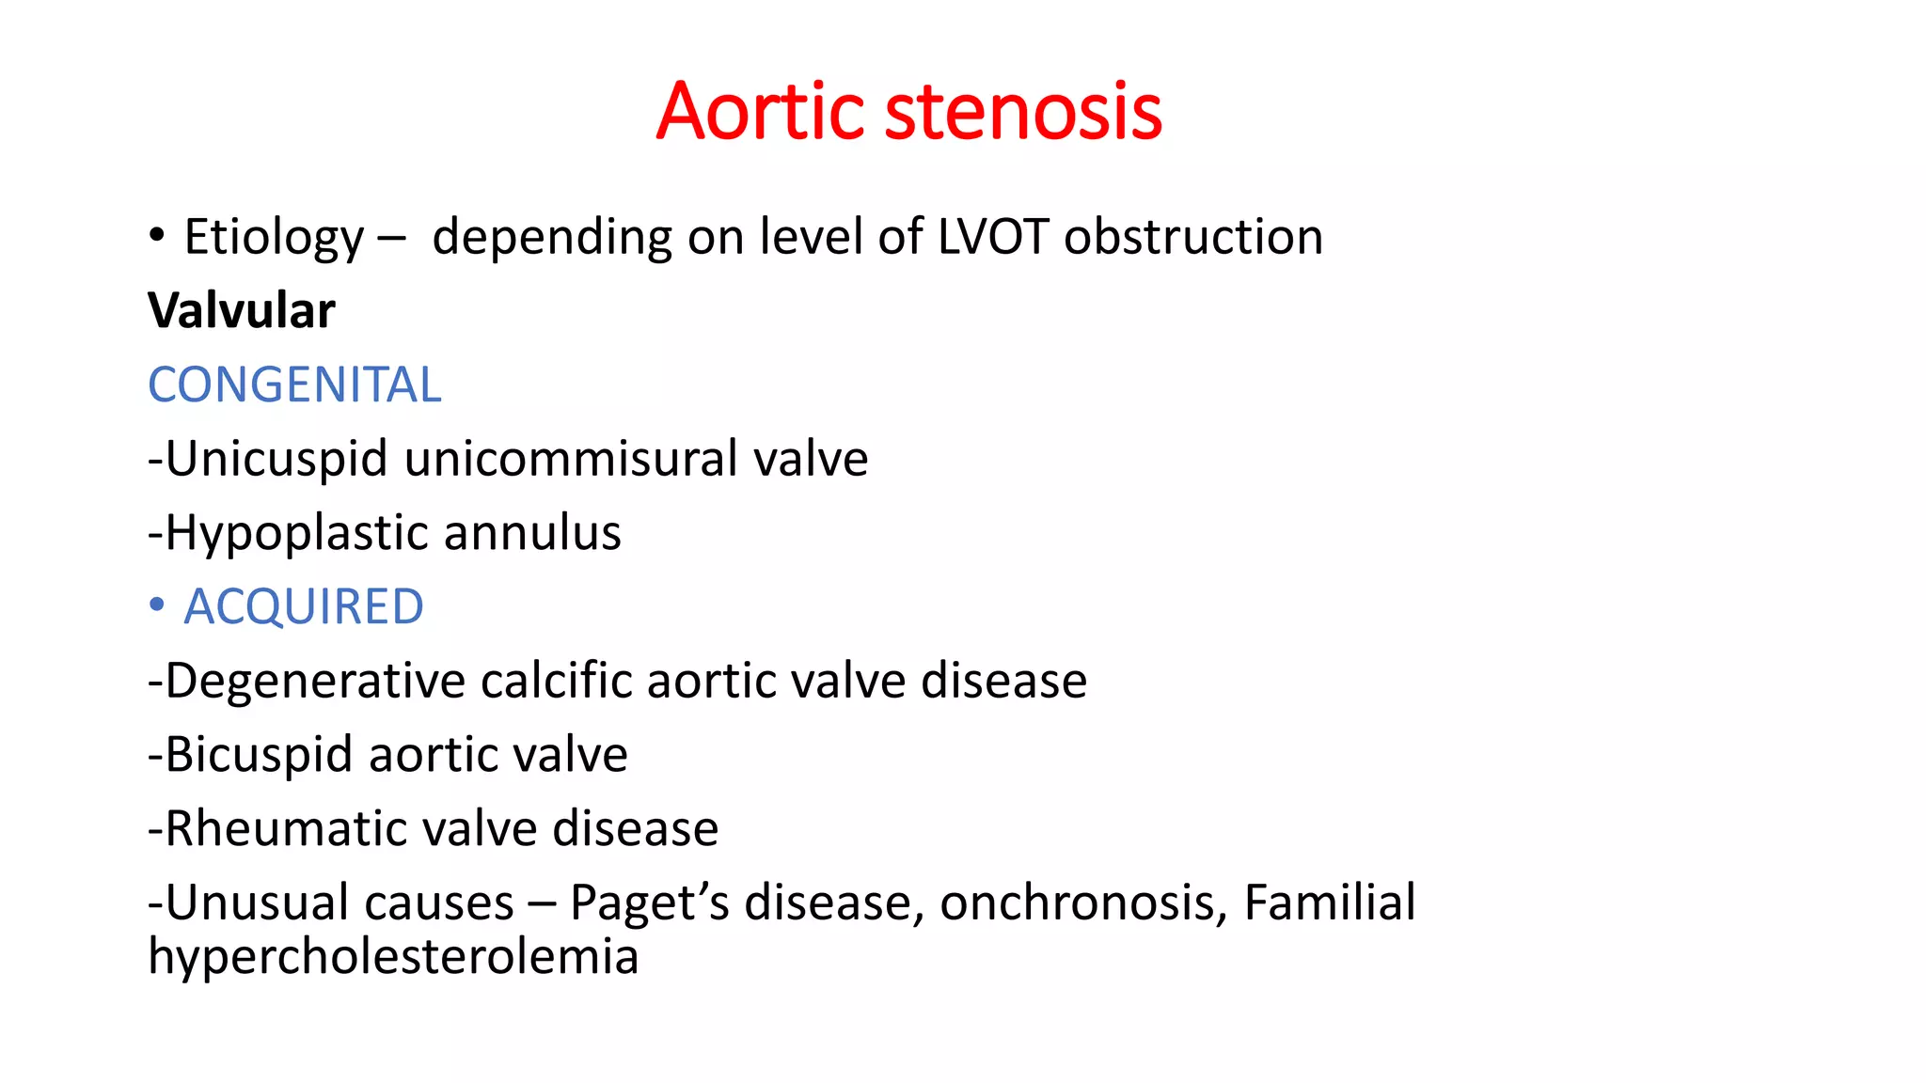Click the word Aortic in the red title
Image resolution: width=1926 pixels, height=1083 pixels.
click(x=760, y=112)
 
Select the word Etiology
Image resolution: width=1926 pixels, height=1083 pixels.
click(x=274, y=237)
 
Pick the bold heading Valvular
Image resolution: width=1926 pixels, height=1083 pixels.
click(x=242, y=310)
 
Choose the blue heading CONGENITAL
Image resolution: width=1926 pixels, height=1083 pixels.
click(x=294, y=385)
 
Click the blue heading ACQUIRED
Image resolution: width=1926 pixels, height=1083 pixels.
click(x=304, y=606)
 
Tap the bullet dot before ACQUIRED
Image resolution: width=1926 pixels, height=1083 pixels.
click(x=157, y=604)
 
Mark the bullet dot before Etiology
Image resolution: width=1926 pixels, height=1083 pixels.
click(x=157, y=235)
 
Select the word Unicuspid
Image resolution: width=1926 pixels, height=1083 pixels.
click(x=276, y=459)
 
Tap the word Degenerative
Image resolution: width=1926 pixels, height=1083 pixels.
click(x=315, y=681)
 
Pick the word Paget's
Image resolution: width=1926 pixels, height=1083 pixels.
click(x=649, y=902)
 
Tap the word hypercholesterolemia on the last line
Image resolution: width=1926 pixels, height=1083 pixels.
click(x=393, y=957)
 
